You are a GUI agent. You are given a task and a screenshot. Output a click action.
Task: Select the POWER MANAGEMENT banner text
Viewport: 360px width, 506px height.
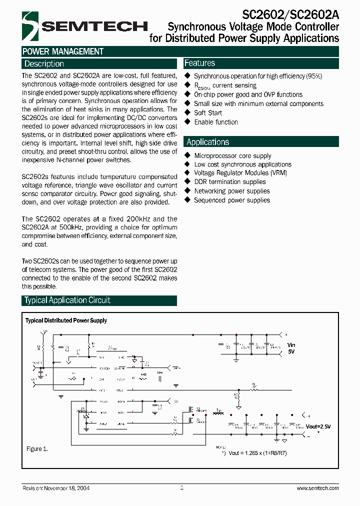point(63,51)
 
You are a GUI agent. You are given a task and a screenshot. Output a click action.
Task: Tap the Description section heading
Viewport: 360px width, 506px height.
point(44,64)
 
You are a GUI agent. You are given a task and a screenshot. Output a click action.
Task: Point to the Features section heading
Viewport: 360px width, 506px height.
point(199,63)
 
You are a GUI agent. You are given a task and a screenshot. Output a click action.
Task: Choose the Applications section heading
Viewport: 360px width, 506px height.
point(207,142)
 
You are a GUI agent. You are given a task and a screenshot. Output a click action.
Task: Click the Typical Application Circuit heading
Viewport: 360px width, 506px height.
point(67,300)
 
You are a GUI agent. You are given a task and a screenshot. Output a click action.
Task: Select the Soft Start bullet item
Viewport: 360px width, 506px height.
point(208,113)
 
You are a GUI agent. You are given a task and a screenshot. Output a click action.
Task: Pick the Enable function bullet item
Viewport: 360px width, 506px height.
point(216,122)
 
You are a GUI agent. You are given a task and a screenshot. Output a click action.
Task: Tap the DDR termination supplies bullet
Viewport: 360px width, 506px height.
point(230,182)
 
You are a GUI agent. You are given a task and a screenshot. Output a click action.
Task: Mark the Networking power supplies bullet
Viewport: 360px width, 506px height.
point(231,191)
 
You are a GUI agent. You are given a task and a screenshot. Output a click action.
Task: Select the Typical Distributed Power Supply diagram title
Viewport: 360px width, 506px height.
point(66,320)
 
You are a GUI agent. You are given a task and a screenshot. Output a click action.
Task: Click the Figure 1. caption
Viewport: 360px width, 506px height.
point(37,449)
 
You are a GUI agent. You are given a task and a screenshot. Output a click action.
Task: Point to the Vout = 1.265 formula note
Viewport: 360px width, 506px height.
point(257,453)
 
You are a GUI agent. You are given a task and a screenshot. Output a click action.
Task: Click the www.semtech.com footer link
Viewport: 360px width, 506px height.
point(317,488)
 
